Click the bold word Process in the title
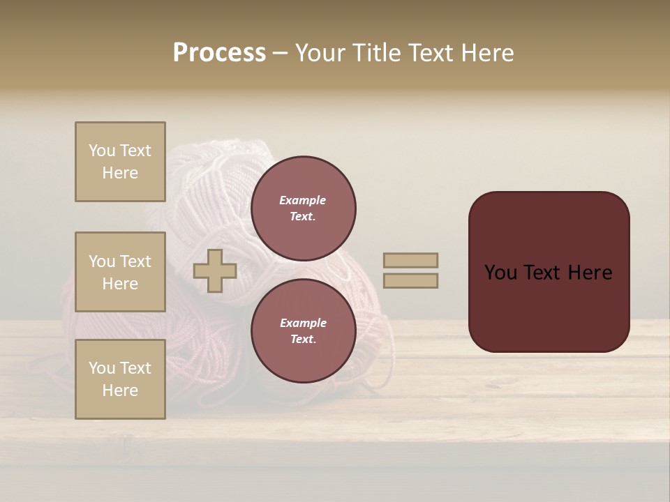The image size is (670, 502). click(x=219, y=53)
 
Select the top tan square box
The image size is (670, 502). click(x=120, y=162)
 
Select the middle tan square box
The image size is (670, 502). click(x=120, y=272)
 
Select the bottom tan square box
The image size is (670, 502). click(x=120, y=379)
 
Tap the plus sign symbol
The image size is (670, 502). click(x=215, y=271)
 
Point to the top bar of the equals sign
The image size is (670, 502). click(x=410, y=260)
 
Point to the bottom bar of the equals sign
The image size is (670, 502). click(x=410, y=281)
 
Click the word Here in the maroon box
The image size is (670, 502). click(x=590, y=273)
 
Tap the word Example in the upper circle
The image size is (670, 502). click(x=302, y=200)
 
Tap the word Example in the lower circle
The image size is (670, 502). click(x=302, y=323)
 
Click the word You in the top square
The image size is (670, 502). click(x=102, y=151)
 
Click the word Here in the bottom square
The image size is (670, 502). click(x=120, y=390)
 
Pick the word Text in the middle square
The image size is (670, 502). click(x=135, y=261)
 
